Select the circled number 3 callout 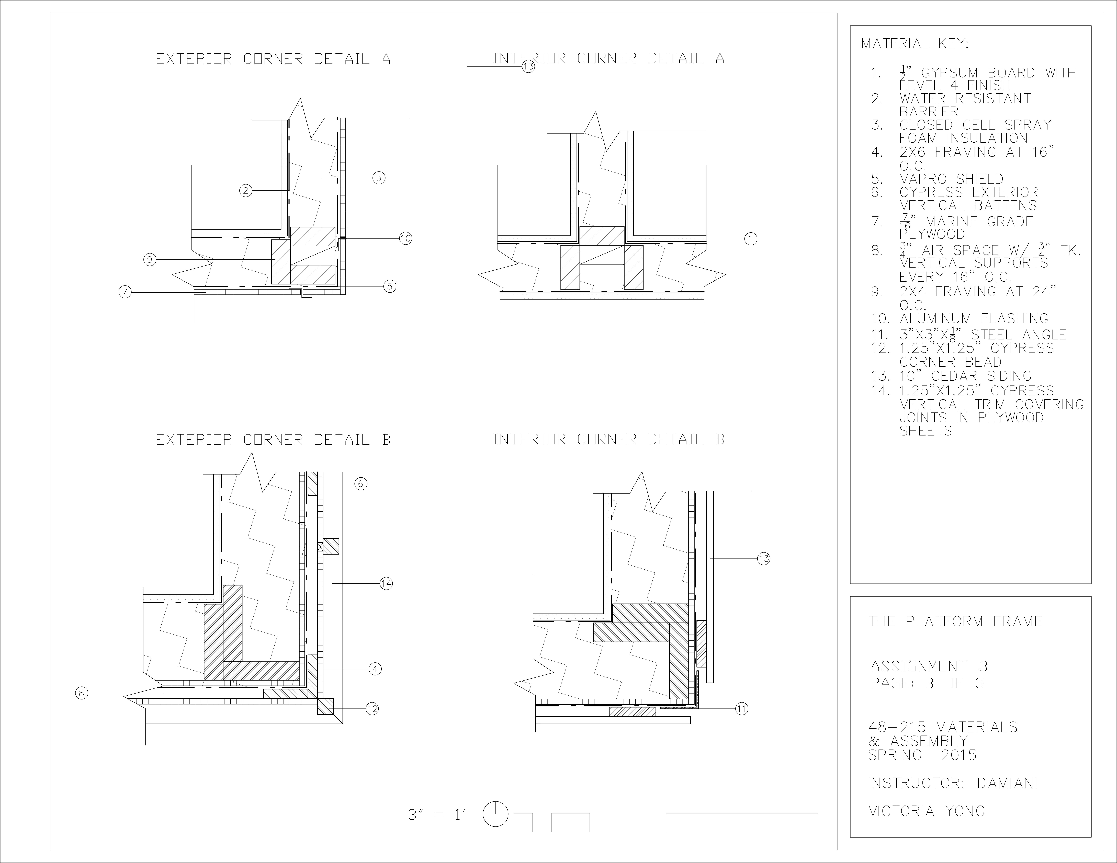378,178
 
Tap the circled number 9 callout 149,260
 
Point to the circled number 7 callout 125,292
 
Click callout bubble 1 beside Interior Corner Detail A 750,239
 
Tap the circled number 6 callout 360,484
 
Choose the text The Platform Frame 955,622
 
